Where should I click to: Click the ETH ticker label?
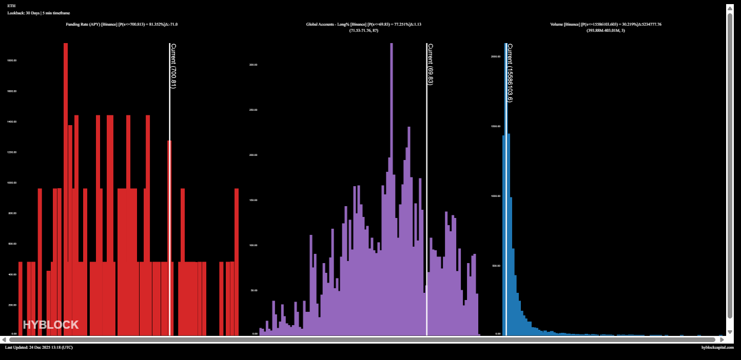coord(11,6)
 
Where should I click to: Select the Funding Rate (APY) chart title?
coord(122,24)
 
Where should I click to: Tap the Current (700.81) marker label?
coord(173,66)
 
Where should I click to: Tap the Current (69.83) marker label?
coord(430,64)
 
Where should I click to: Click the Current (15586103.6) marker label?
coord(510,73)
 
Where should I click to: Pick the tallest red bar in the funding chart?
coord(66,190)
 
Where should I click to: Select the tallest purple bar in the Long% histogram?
coord(392,190)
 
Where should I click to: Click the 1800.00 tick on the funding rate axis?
coord(12,61)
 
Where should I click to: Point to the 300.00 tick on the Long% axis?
coord(253,65)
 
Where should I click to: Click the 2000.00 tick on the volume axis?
coord(496,56)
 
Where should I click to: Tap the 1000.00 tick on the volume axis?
coord(496,196)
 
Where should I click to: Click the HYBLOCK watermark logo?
coord(51,325)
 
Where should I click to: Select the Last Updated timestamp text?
coord(39,348)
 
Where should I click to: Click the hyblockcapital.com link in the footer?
coord(717,348)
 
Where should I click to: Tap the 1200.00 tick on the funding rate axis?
coord(12,152)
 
